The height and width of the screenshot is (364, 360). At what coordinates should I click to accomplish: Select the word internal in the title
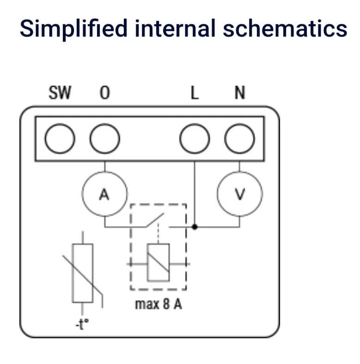pyautogui.click(x=175, y=28)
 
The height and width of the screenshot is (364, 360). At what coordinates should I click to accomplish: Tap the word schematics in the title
pyautogui.click(x=285, y=28)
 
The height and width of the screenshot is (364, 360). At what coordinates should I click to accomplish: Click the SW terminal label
pyautogui.click(x=60, y=93)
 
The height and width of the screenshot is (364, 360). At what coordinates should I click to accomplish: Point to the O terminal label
pyautogui.click(x=104, y=93)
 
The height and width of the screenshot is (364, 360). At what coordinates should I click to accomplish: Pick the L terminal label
pyautogui.click(x=195, y=93)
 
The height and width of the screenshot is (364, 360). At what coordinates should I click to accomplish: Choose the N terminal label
pyautogui.click(x=240, y=93)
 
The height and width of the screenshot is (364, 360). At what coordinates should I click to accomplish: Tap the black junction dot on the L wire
pyautogui.click(x=195, y=227)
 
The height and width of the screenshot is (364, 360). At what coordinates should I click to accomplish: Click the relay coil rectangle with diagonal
pyautogui.click(x=158, y=263)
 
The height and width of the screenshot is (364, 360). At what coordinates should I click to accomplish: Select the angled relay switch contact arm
pyautogui.click(x=155, y=220)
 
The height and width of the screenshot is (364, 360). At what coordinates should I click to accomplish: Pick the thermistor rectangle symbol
pyautogui.click(x=83, y=273)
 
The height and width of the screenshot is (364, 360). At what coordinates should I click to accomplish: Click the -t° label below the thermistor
pyautogui.click(x=82, y=324)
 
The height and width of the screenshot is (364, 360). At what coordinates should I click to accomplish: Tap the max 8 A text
pyautogui.click(x=159, y=304)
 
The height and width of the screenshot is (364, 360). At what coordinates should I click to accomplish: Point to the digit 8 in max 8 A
pyautogui.click(x=166, y=304)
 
